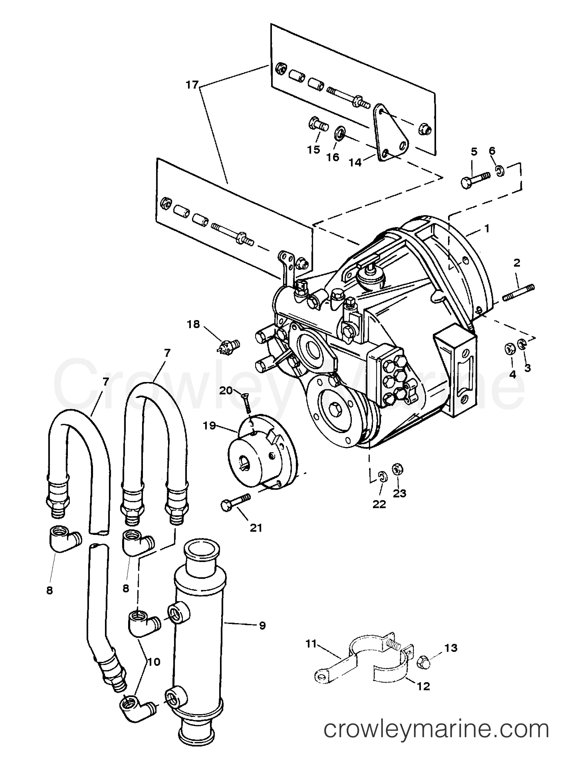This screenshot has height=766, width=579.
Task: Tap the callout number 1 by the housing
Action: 487,229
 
